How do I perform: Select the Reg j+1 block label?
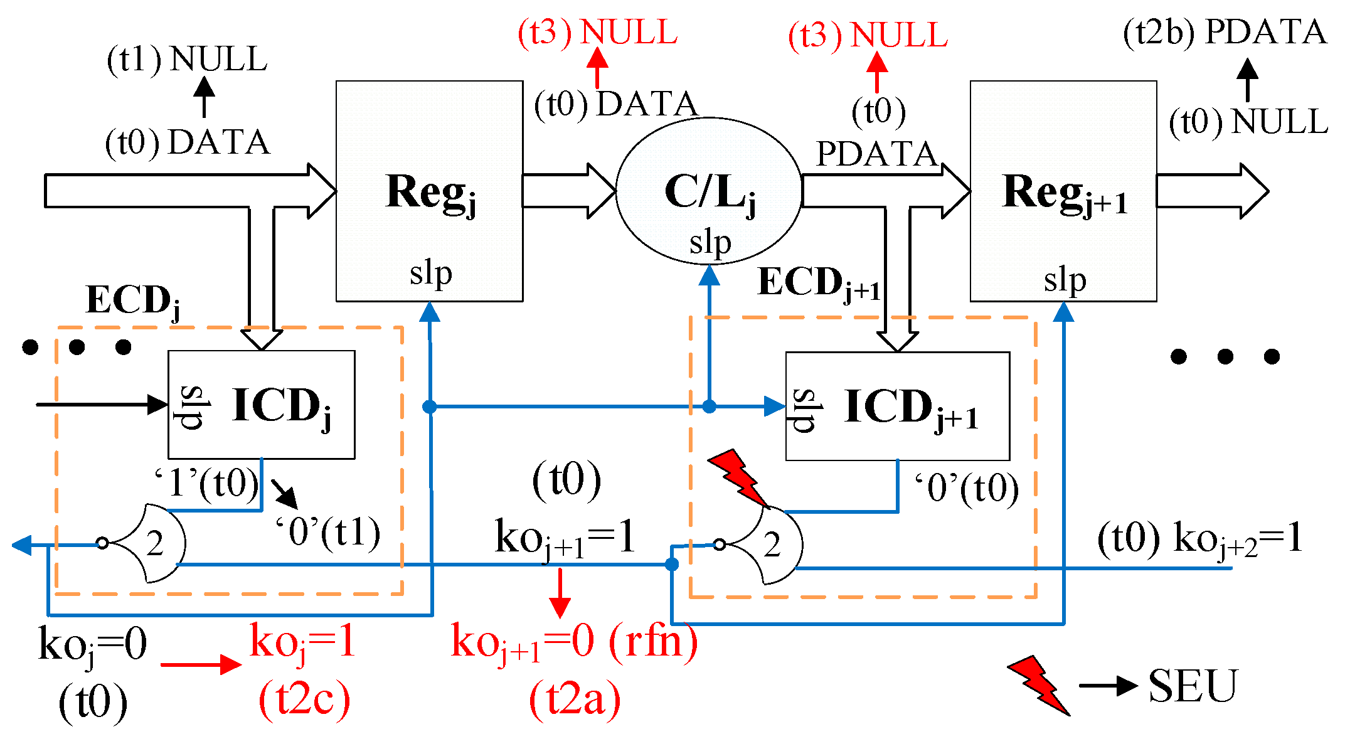pos(1065,193)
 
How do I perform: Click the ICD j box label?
pos(281,407)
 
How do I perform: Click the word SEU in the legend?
pos(1193,686)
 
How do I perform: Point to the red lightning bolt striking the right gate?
pos(739,477)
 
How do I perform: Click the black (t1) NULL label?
pos(187,60)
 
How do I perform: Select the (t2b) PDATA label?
pos(1225,33)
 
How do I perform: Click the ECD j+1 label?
pos(819,282)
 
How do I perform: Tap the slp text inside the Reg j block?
pos(430,274)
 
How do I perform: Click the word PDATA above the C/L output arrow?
pos(876,154)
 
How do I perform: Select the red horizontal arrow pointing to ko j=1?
pos(201,664)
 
